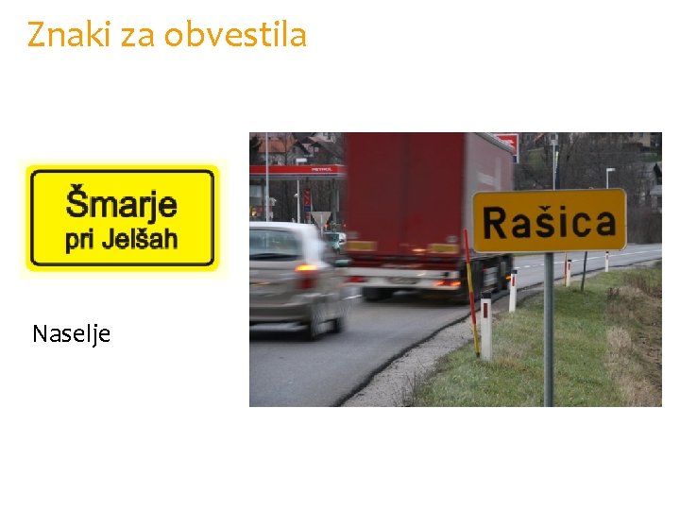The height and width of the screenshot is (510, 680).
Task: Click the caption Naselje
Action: pyautogui.click(x=71, y=334)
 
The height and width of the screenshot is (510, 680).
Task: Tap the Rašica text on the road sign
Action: pyautogui.click(x=549, y=222)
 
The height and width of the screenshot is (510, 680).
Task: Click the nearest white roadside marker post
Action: pyautogui.click(x=485, y=326)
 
